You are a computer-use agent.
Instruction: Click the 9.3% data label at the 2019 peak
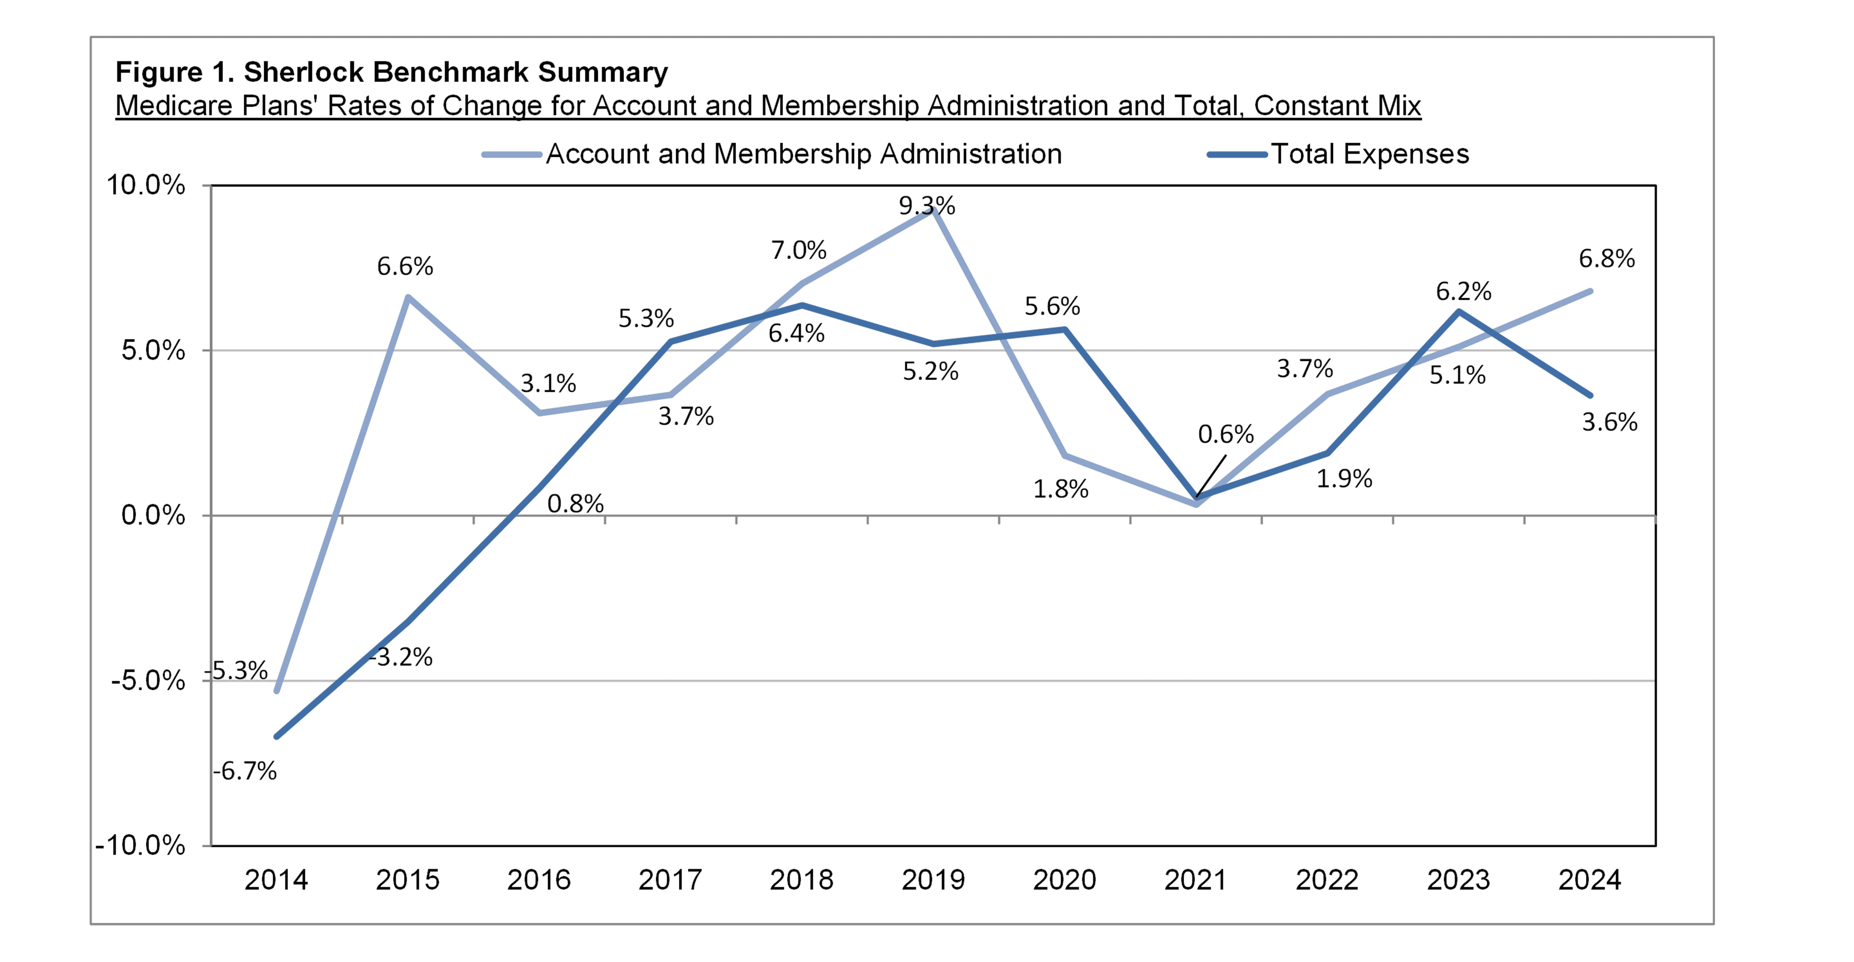click(x=927, y=206)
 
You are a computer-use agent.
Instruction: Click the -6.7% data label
click(x=245, y=771)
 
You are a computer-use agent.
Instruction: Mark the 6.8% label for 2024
click(x=1606, y=258)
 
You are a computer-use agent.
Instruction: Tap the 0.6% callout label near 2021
click(x=1226, y=434)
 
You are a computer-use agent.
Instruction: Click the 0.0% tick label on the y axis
click(x=152, y=515)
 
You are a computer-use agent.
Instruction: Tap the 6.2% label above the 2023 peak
click(x=1463, y=291)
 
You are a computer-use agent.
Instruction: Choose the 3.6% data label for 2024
click(x=1609, y=422)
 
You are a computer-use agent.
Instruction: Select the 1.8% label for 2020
click(x=1061, y=489)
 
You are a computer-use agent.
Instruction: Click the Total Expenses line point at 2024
click(x=1590, y=395)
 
